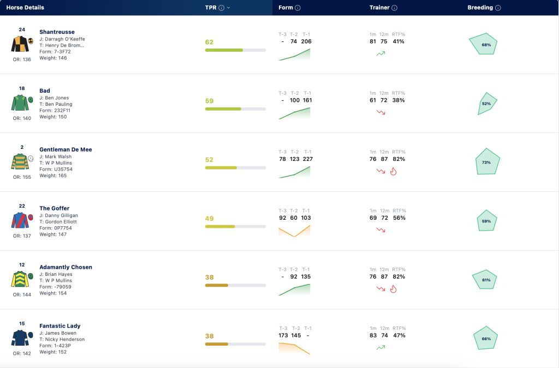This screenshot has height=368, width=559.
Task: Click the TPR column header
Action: coord(211,8)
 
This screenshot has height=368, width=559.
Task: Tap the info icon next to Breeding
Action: coord(498,8)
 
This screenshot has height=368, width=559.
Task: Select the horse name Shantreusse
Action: coord(57,32)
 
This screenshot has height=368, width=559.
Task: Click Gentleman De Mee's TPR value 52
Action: coord(209,160)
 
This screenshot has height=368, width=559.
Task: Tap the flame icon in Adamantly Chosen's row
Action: coord(393,289)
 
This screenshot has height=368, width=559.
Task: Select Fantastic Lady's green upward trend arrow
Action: coord(380,347)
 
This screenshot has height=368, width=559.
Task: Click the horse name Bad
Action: coord(45,91)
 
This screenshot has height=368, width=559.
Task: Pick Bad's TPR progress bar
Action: coord(235,109)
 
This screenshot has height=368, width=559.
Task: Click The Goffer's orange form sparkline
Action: coord(294,231)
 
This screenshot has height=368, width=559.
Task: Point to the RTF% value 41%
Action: coord(399,41)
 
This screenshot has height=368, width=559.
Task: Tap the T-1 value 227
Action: coord(308,159)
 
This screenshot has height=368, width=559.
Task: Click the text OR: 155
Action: coord(22,177)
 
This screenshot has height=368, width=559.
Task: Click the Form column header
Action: coord(286,8)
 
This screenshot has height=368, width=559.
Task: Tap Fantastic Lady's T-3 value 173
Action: coord(283,336)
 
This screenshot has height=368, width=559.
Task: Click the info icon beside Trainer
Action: coord(394,8)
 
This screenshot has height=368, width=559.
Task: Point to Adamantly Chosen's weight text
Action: coord(53,293)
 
